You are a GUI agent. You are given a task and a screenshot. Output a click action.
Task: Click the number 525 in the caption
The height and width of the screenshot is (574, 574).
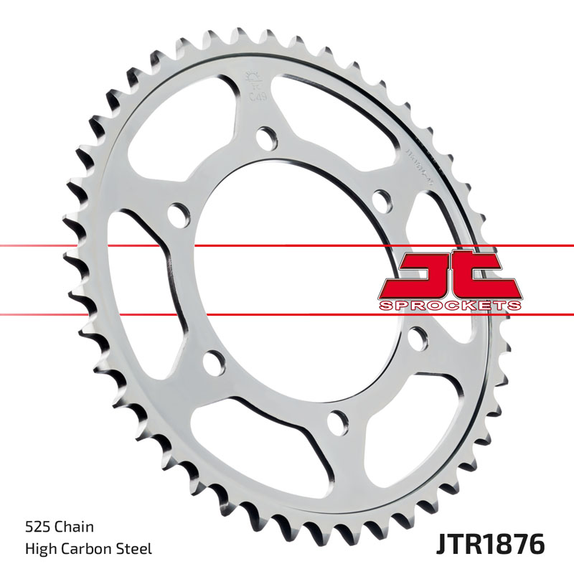36,527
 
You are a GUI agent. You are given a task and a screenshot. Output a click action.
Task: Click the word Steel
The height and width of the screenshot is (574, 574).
136,550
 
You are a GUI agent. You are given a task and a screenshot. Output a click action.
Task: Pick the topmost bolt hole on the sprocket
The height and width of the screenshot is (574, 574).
267,136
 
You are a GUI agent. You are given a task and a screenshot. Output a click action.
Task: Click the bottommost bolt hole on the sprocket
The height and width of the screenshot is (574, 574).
336,420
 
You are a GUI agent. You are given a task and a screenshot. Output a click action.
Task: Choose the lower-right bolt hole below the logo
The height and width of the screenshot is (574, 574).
416,337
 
